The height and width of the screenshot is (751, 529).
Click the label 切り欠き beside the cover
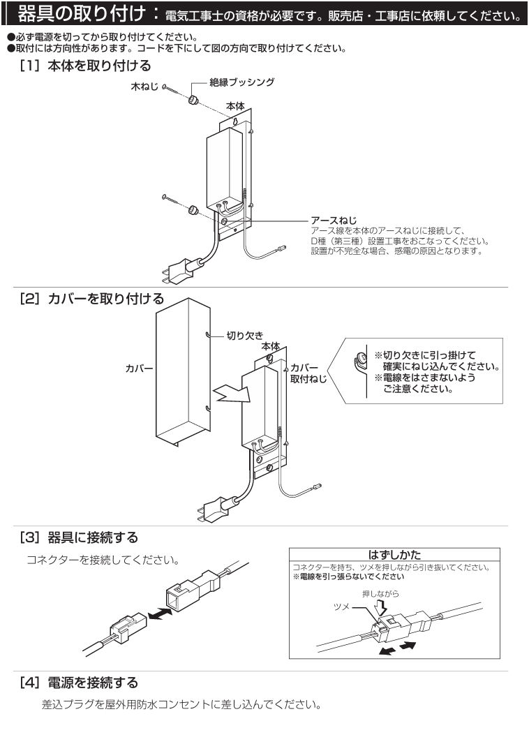[244, 336]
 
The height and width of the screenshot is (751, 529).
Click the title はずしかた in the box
[394, 554]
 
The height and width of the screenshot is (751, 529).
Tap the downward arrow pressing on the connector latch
[380, 609]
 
